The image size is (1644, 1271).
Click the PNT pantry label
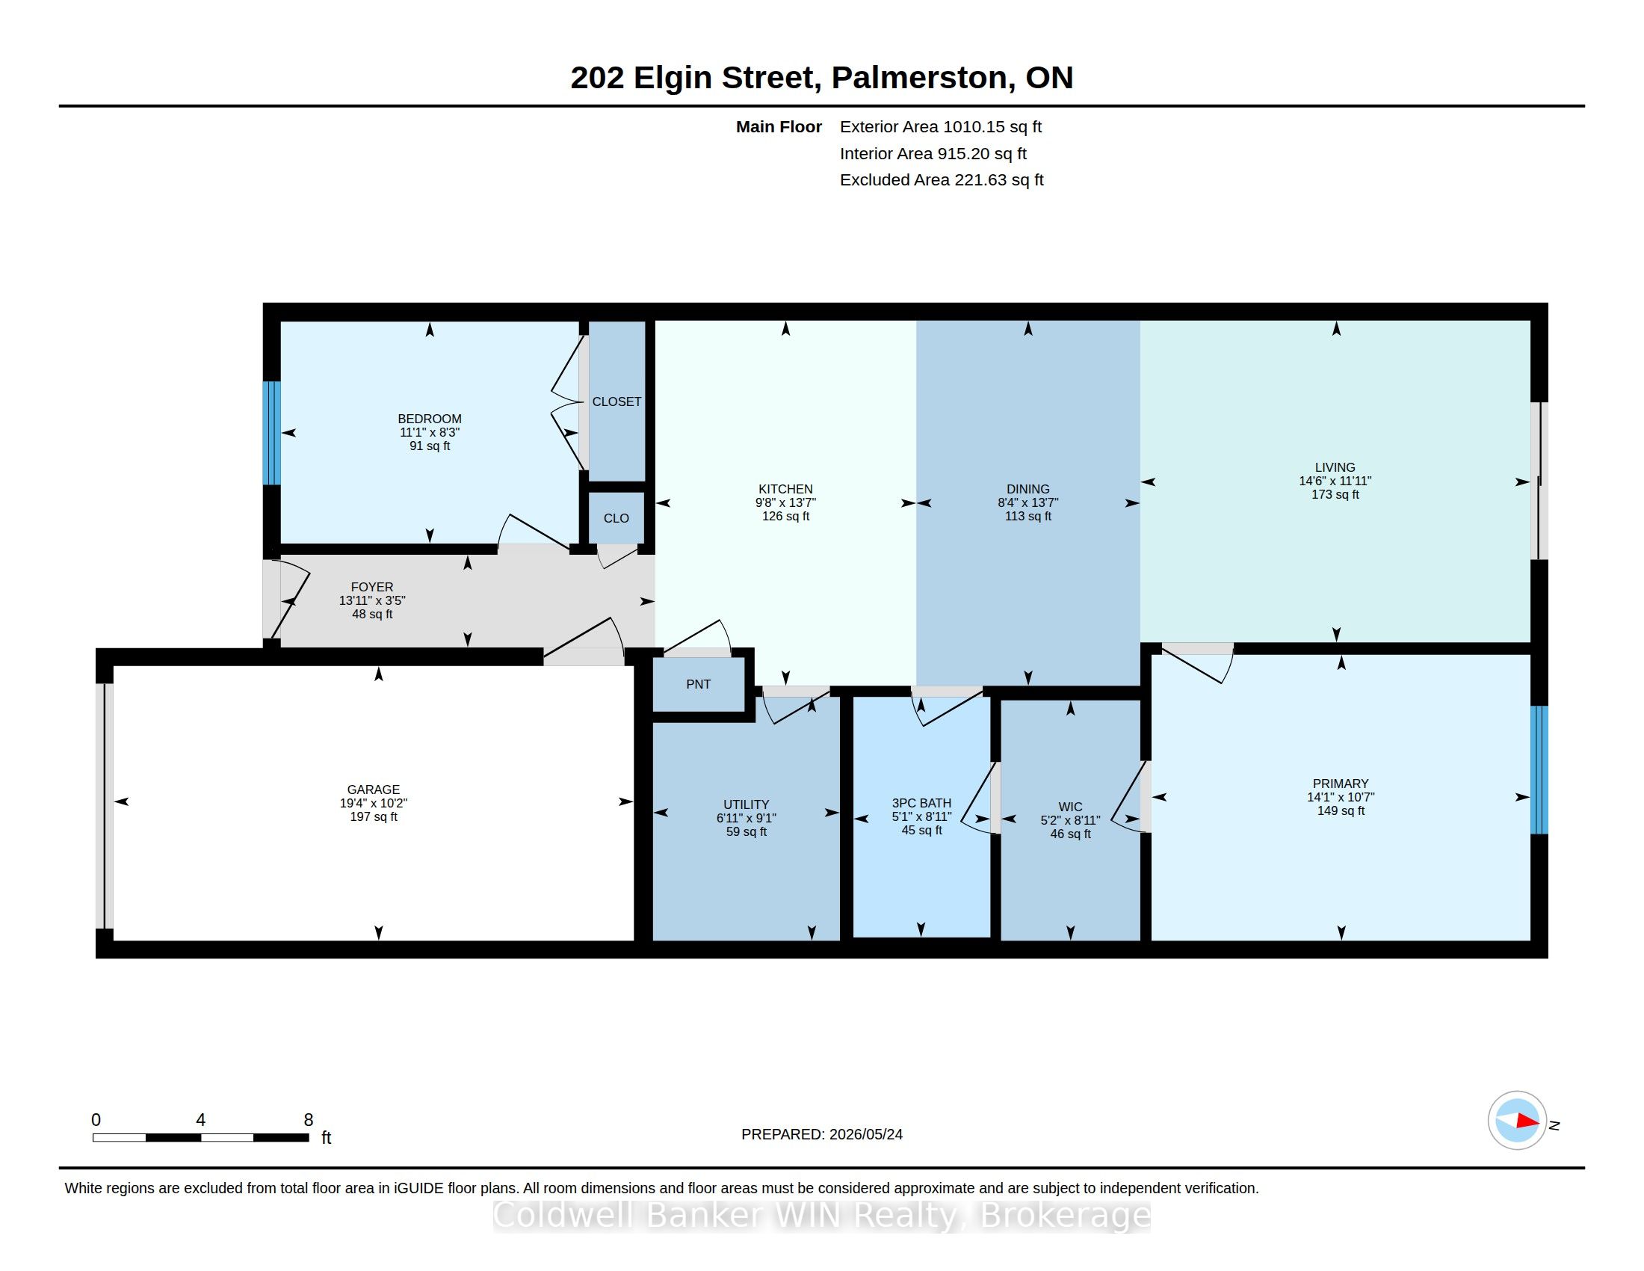[698, 684]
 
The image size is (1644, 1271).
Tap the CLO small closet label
[616, 518]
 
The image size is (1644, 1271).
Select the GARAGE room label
[374, 789]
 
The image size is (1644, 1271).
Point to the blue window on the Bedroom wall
[272, 433]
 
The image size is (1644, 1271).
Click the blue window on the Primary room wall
[1539, 769]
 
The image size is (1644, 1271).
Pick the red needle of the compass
[1527, 1121]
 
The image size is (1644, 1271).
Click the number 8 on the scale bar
[308, 1120]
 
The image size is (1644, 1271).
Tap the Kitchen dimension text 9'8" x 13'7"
[785, 502]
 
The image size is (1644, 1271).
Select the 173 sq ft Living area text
[1335, 494]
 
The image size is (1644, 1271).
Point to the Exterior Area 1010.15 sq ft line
[940, 127]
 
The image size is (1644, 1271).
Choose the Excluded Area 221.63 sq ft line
[941, 180]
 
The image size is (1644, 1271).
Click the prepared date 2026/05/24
[865, 1134]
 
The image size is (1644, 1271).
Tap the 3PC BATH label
[921, 803]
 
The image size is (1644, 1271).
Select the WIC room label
[1069, 807]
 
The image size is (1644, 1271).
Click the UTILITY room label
[746, 804]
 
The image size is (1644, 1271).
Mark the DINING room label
[1027, 489]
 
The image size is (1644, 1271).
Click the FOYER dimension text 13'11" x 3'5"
[372, 600]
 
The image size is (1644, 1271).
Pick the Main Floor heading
[779, 127]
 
